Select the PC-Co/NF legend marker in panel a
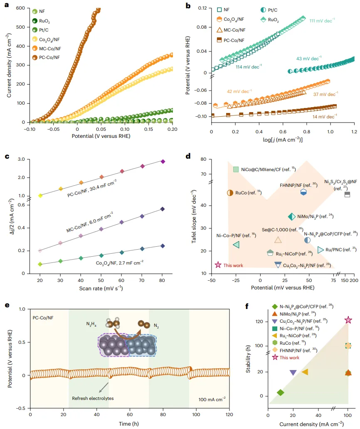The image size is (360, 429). pos(35,59)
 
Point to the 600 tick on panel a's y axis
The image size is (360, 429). pos(20,8)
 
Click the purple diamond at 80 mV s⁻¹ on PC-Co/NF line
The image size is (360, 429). pos(163,161)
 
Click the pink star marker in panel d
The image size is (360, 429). pos(217,265)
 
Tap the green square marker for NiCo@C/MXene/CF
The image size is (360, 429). pos(236,169)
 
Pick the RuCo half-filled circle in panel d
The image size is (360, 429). pos(230,193)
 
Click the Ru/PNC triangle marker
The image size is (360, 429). pos(321,250)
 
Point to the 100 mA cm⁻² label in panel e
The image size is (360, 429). pos(212,399)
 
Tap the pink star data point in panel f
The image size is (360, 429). pos(348,320)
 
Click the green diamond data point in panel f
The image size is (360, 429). pos(281,392)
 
